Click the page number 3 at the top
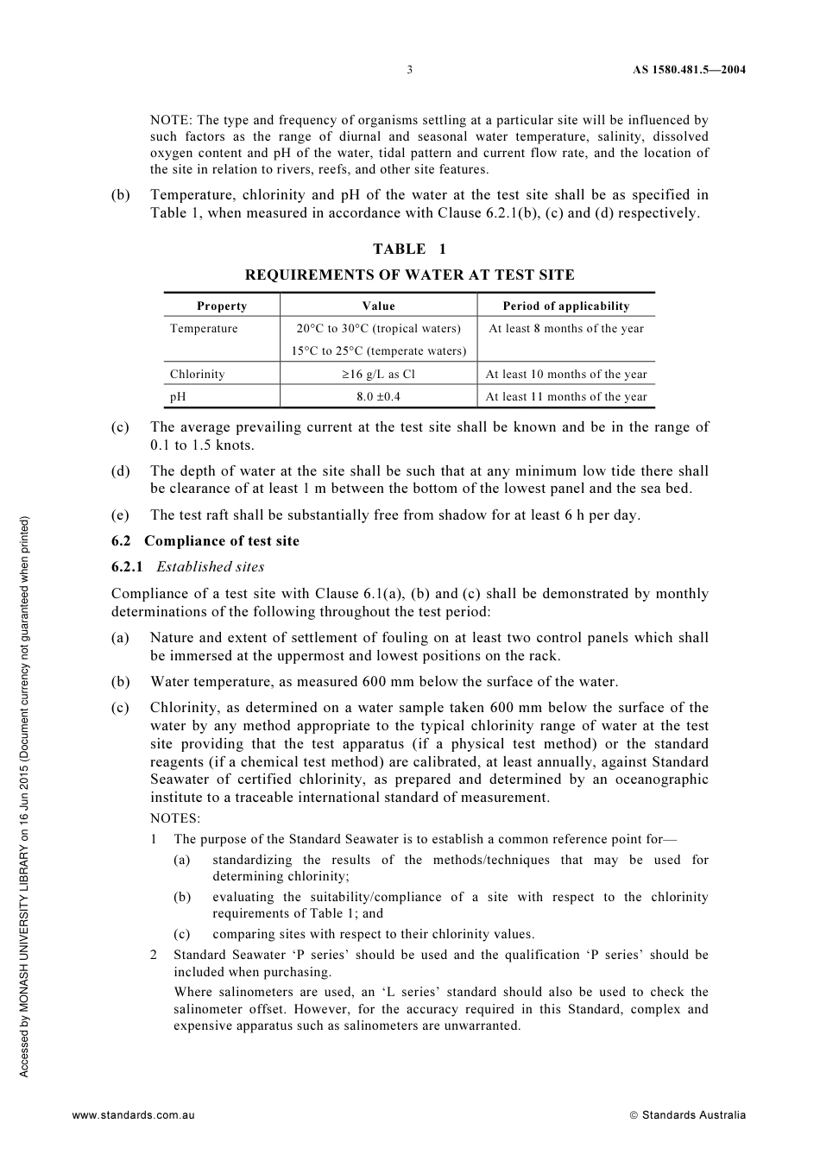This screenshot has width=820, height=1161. [x=410, y=70]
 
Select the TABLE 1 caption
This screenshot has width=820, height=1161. [x=409, y=249]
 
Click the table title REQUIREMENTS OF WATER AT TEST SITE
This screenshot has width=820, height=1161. [x=409, y=275]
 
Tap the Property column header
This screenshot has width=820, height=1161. [x=222, y=306]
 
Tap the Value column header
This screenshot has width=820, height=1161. [x=378, y=306]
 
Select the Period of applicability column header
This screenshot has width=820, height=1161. [x=566, y=306]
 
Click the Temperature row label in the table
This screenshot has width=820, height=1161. [x=204, y=329]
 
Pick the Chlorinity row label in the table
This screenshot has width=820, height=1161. [x=198, y=375]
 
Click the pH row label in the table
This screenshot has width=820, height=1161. [x=178, y=397]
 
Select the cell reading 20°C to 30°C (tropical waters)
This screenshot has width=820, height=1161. [x=379, y=329]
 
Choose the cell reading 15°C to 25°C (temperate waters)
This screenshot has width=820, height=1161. [x=378, y=351]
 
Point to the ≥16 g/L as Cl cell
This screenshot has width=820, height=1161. [x=378, y=375]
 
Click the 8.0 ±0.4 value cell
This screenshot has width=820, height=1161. [x=378, y=397]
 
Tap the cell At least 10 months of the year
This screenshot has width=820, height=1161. [x=566, y=375]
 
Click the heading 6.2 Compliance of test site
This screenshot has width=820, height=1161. [x=205, y=541]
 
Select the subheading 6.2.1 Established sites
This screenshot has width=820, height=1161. [x=188, y=567]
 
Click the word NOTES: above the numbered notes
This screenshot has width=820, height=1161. [x=175, y=818]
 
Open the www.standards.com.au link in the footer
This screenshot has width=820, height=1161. [x=134, y=1115]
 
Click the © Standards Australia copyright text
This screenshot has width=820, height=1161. [x=688, y=1115]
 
